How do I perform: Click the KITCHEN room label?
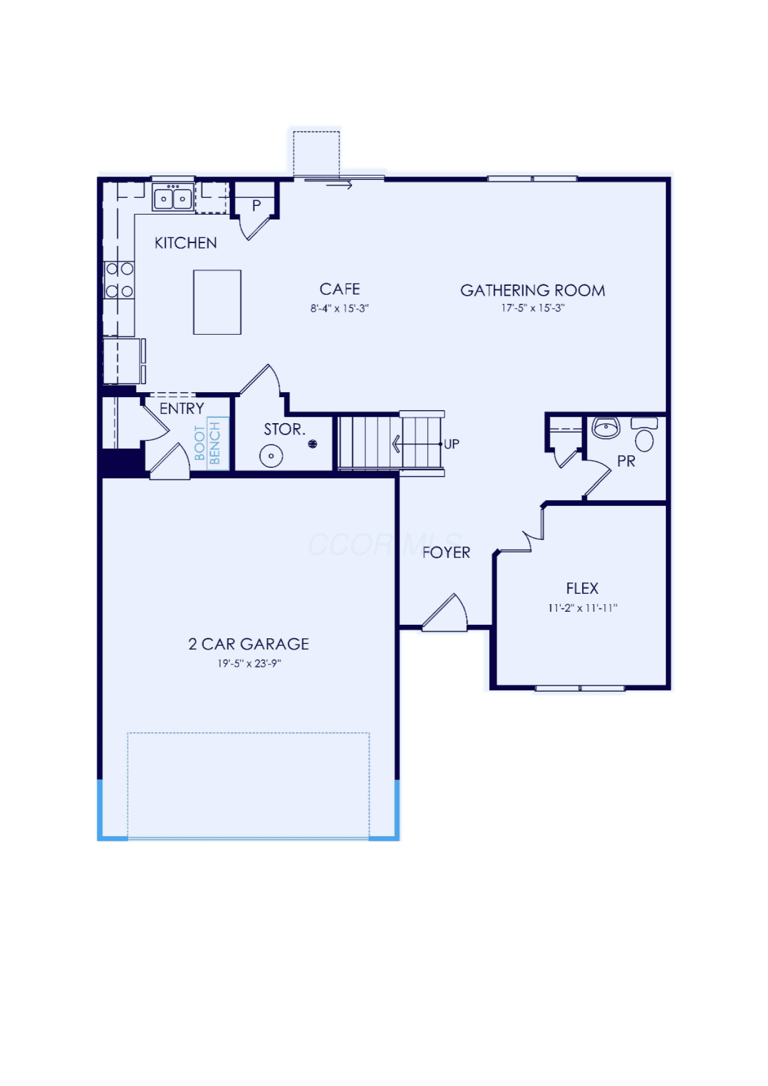[x=185, y=243]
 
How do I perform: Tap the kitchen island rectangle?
[x=217, y=302]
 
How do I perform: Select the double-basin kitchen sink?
[x=173, y=197]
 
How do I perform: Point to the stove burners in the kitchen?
[x=120, y=280]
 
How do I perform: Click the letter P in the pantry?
[x=257, y=205]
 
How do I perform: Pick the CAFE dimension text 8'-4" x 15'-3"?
[x=340, y=309]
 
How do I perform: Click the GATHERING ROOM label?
[x=533, y=291]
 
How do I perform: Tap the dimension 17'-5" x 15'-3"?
[x=533, y=308]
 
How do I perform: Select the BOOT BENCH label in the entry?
[x=208, y=443]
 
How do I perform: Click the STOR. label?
[x=284, y=430]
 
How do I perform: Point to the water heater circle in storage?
[x=271, y=456]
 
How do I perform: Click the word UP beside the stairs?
[x=451, y=444]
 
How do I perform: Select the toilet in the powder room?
[x=644, y=434]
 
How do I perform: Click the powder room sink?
[x=605, y=428]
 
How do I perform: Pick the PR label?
[x=626, y=461]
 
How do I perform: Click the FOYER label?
[x=446, y=553]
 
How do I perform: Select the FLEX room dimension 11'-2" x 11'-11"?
[x=583, y=608]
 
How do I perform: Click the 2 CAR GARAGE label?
[x=249, y=644]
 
